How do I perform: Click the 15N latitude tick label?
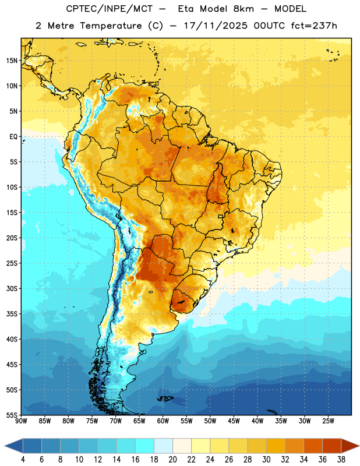[x=12, y=61]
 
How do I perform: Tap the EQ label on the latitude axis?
[x=13, y=137]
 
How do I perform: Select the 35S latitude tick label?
[x=12, y=314]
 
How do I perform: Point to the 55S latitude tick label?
[x=12, y=415]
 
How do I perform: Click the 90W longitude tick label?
[x=21, y=421]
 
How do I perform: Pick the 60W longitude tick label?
[x=163, y=421]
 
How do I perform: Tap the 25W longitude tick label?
[x=328, y=421]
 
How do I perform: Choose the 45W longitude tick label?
[x=234, y=421]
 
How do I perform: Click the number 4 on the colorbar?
[x=23, y=460]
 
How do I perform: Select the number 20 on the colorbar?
[x=172, y=460]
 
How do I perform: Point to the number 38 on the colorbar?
[x=341, y=460]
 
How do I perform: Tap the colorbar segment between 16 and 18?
[x=145, y=446]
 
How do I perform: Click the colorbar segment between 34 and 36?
[x=313, y=446]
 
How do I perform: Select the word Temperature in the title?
[x=111, y=26]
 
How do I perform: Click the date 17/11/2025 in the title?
[x=216, y=26]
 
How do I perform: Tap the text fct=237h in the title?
[x=314, y=26]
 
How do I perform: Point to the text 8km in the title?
[x=243, y=9]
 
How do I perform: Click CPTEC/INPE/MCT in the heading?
[x=110, y=9]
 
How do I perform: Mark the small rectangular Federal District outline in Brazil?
[x=221, y=216]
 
